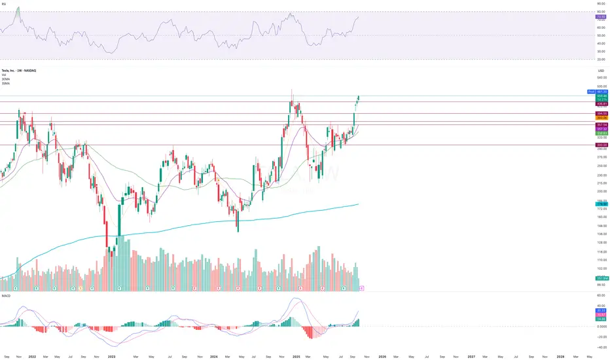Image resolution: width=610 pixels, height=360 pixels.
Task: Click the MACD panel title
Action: (6, 295)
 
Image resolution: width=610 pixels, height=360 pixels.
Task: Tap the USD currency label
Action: (601, 71)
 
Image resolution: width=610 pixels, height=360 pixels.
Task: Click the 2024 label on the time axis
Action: (214, 356)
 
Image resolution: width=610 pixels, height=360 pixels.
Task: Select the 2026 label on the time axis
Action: (383, 356)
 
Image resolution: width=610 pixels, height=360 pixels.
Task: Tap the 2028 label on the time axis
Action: (560, 356)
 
